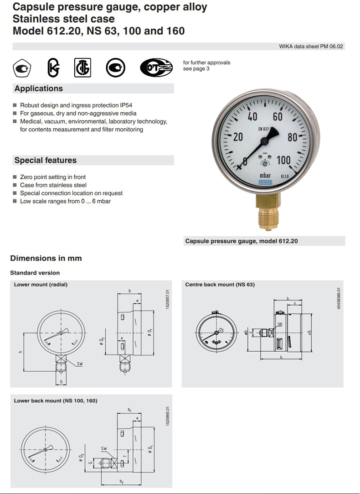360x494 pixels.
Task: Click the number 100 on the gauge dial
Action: click(x=283, y=160)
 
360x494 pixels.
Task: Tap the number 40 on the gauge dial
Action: click(x=252, y=117)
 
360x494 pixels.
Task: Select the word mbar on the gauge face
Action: click(x=265, y=175)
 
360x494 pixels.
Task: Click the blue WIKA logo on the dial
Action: click(x=265, y=182)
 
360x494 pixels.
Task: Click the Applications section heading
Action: click(x=39, y=88)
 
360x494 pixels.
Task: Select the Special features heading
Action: click(x=46, y=160)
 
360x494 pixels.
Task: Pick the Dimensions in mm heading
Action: click(x=46, y=258)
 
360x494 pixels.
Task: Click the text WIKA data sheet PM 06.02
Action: click(x=311, y=47)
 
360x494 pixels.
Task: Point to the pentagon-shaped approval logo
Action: click(x=21, y=68)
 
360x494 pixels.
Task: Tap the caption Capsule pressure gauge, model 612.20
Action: click(x=242, y=241)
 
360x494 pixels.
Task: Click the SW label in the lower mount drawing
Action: click(x=80, y=364)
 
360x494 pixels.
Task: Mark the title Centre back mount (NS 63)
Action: click(x=220, y=285)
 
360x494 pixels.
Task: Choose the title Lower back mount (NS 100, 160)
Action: click(x=56, y=400)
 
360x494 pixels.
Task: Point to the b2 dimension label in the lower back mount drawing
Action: click(x=121, y=482)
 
